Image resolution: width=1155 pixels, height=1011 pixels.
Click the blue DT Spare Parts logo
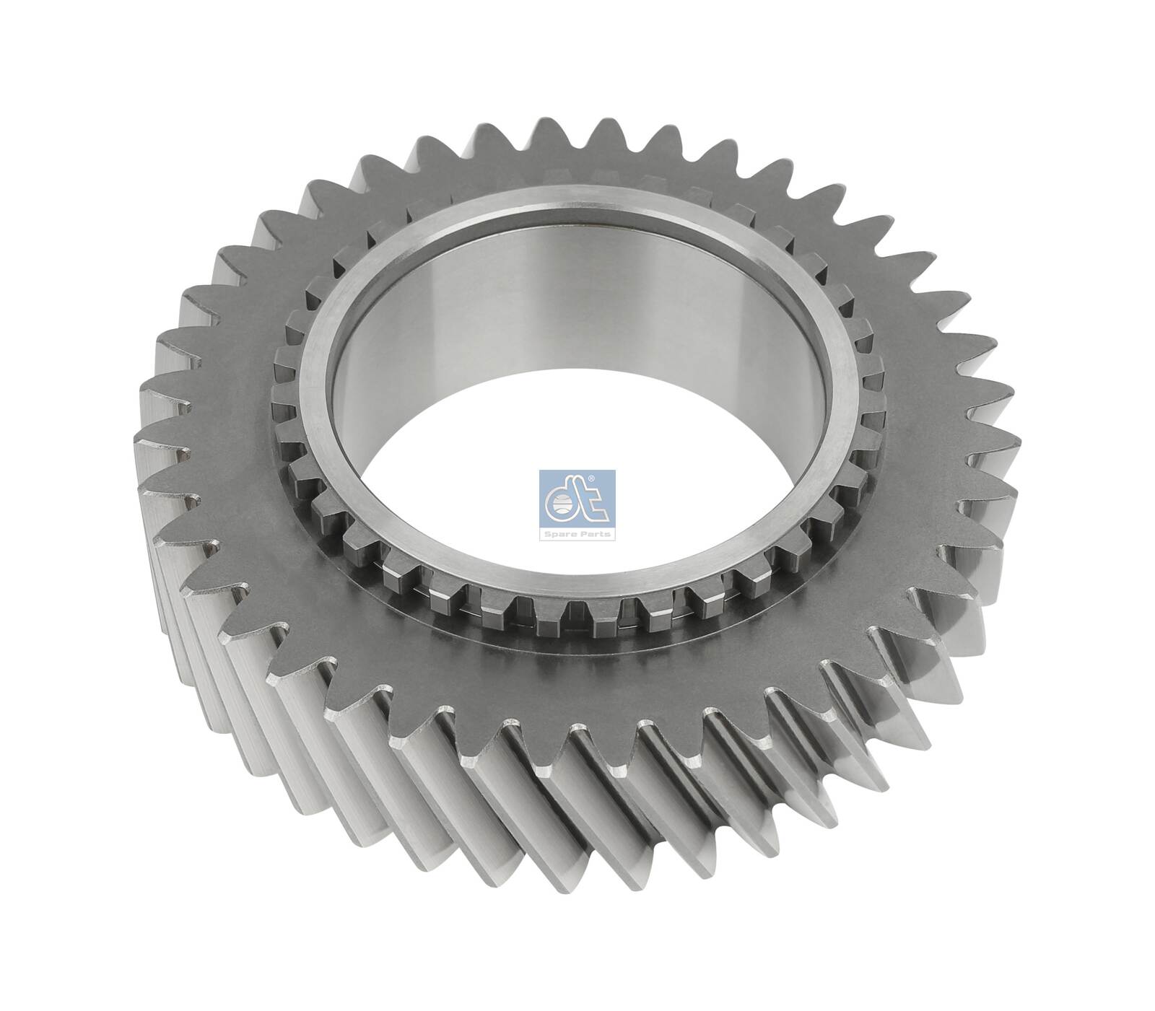coord(577,504)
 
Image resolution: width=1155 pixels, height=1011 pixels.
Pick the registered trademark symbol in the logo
coord(610,478)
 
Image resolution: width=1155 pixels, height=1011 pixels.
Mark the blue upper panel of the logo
coord(577,498)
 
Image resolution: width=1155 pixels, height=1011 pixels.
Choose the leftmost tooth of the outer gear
coord(144,433)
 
